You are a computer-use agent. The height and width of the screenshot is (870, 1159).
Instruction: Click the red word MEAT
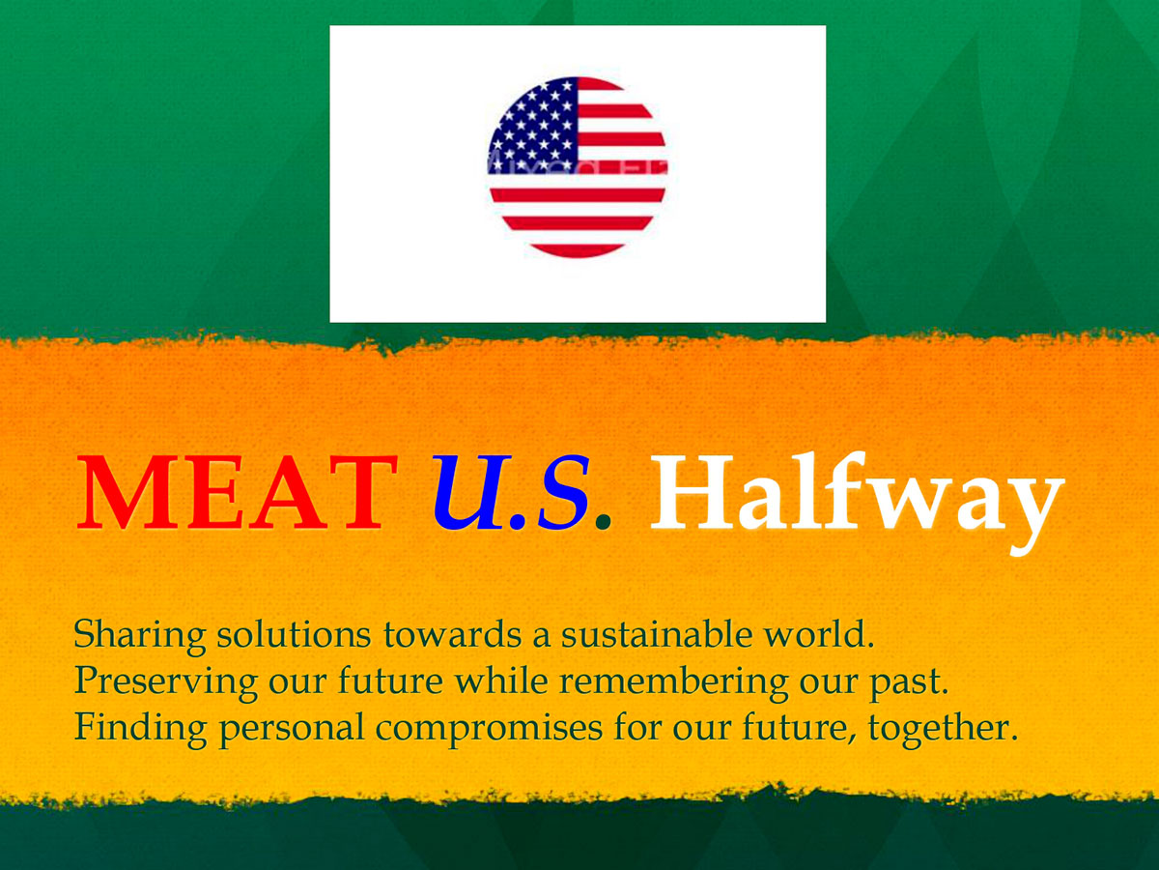point(237,492)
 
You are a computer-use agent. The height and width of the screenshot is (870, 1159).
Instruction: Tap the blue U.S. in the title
point(511,492)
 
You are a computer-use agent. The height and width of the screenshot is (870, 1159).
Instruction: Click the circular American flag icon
point(578,167)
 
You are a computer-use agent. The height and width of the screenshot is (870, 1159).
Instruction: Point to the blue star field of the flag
point(533,126)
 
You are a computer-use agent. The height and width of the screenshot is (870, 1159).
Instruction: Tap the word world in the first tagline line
point(819,634)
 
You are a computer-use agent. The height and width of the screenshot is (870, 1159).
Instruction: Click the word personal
point(292,730)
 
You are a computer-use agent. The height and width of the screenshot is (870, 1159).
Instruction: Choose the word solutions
point(295,634)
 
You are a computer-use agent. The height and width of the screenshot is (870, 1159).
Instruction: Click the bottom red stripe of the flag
point(578,251)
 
